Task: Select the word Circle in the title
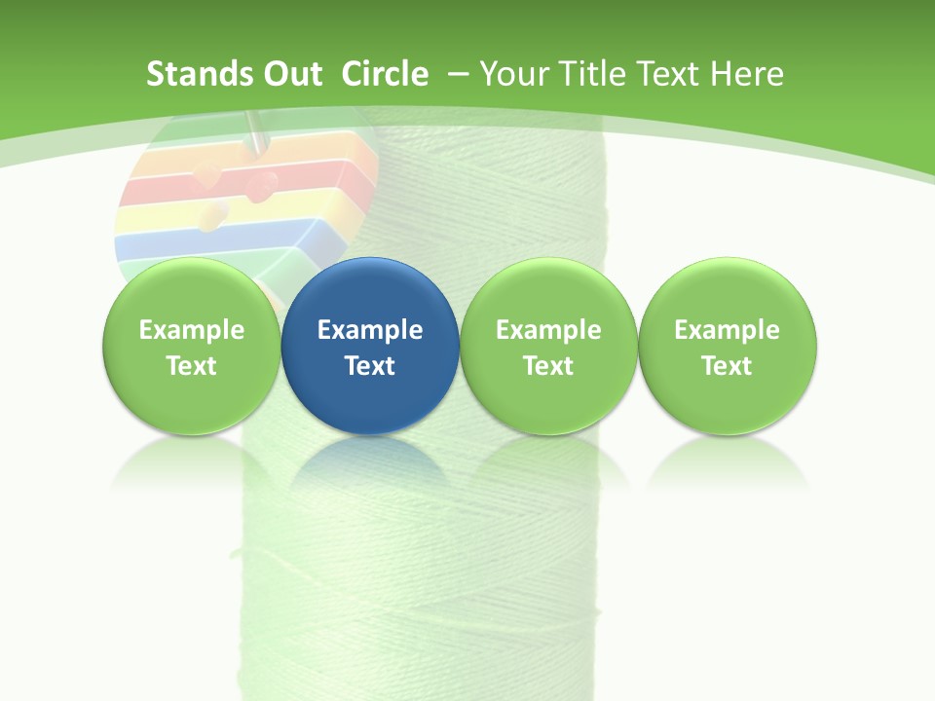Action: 385,74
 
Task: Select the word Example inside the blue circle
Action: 370,330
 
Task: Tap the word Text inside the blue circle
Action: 370,366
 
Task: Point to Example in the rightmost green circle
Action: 727,330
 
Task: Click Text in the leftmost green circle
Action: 191,366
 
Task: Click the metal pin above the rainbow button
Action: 255,131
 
